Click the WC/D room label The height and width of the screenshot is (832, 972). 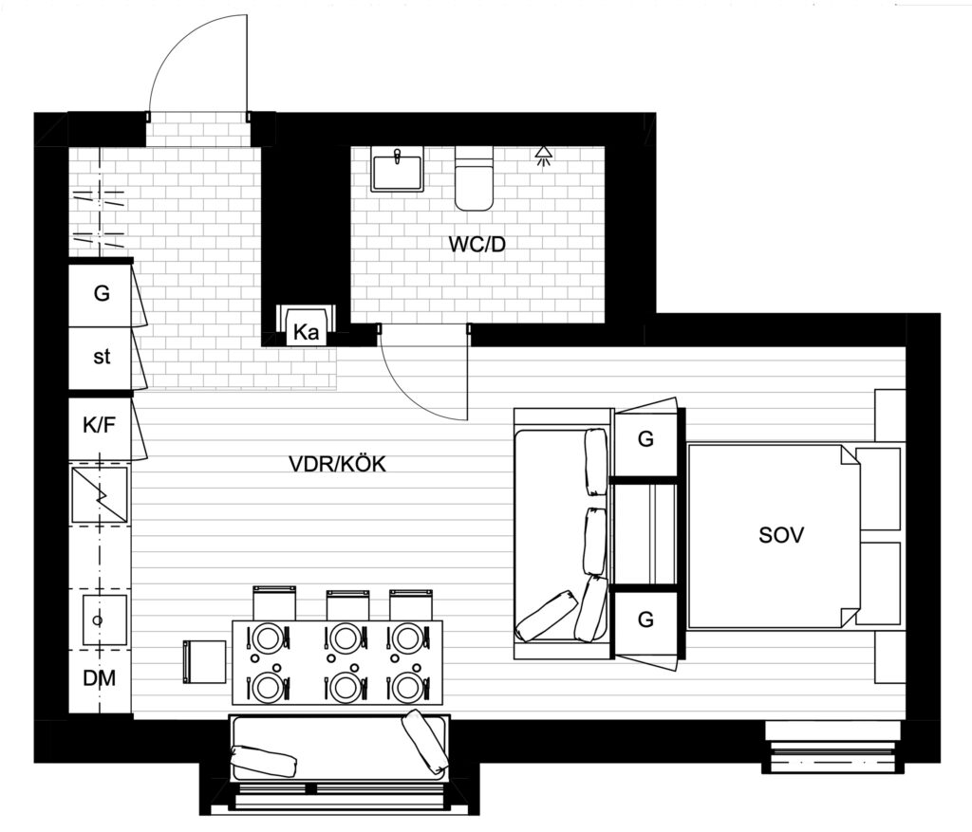tap(477, 245)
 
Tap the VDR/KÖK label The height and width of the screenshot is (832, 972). tap(337, 463)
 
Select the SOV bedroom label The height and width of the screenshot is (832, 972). tap(781, 535)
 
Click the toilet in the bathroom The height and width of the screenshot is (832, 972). tap(475, 178)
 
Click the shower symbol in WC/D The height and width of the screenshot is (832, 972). tap(543, 157)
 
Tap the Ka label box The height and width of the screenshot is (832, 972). tap(307, 332)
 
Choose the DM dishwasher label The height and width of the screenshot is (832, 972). tap(99, 678)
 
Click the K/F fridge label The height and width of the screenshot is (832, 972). tap(99, 425)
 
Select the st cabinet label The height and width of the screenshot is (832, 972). tap(101, 357)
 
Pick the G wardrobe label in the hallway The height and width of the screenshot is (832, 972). tap(102, 292)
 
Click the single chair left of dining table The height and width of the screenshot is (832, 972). tap(205, 662)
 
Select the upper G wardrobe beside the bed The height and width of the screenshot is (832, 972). tap(645, 439)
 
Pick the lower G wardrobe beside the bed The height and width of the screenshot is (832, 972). tap(645, 619)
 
